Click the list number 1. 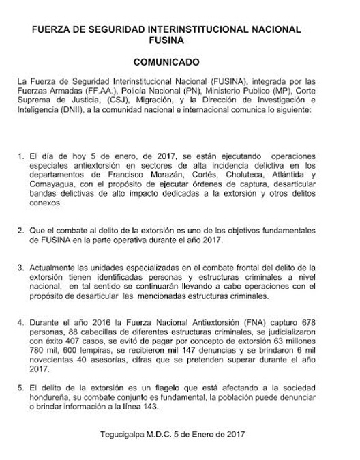click(20, 156)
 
